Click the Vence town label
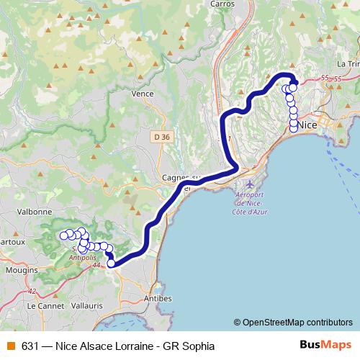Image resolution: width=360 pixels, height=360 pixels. (143, 94)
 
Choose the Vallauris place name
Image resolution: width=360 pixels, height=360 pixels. (88, 305)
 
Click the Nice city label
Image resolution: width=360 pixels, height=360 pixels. (307, 125)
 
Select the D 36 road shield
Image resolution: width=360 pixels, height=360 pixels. (162, 137)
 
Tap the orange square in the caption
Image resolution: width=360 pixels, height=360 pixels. (10, 346)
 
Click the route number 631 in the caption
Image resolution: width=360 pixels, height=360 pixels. (30, 346)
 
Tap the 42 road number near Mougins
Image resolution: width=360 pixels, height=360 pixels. (31, 291)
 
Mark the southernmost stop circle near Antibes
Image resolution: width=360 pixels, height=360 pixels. (112, 264)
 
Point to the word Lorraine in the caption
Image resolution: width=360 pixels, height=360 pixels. (127, 346)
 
